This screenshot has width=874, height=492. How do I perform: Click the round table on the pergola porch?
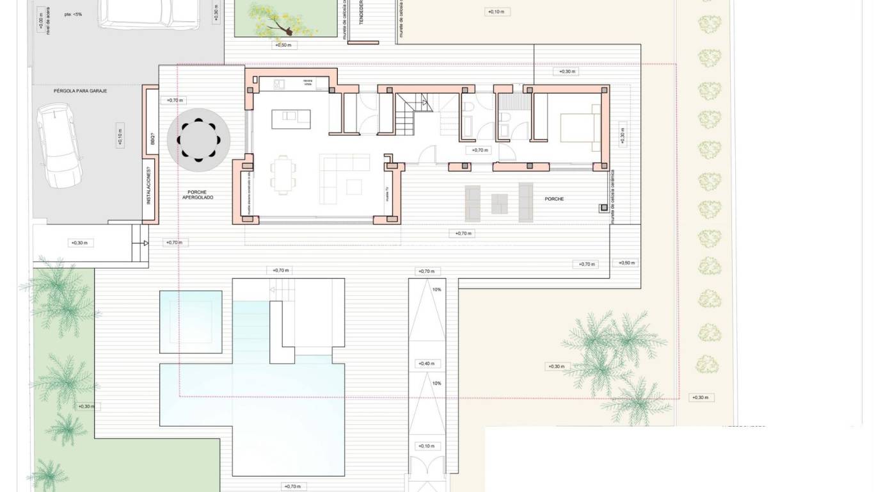(x=198, y=140)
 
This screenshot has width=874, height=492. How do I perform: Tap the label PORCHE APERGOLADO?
(x=198, y=195)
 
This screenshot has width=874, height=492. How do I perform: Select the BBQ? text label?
(x=152, y=138)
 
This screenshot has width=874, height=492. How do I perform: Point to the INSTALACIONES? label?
(x=148, y=186)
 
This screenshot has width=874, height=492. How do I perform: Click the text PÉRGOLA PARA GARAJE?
(x=80, y=91)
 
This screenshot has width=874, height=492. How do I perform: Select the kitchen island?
(x=291, y=119)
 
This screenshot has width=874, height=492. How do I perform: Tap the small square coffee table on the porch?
(x=500, y=204)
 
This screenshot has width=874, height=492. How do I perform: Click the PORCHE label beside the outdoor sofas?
(x=554, y=199)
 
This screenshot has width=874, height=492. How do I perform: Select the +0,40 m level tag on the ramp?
(x=427, y=364)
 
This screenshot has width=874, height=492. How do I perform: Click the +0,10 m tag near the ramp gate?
(x=427, y=446)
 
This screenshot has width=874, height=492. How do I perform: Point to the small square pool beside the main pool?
(x=191, y=322)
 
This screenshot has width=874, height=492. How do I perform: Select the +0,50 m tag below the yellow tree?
(x=283, y=45)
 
